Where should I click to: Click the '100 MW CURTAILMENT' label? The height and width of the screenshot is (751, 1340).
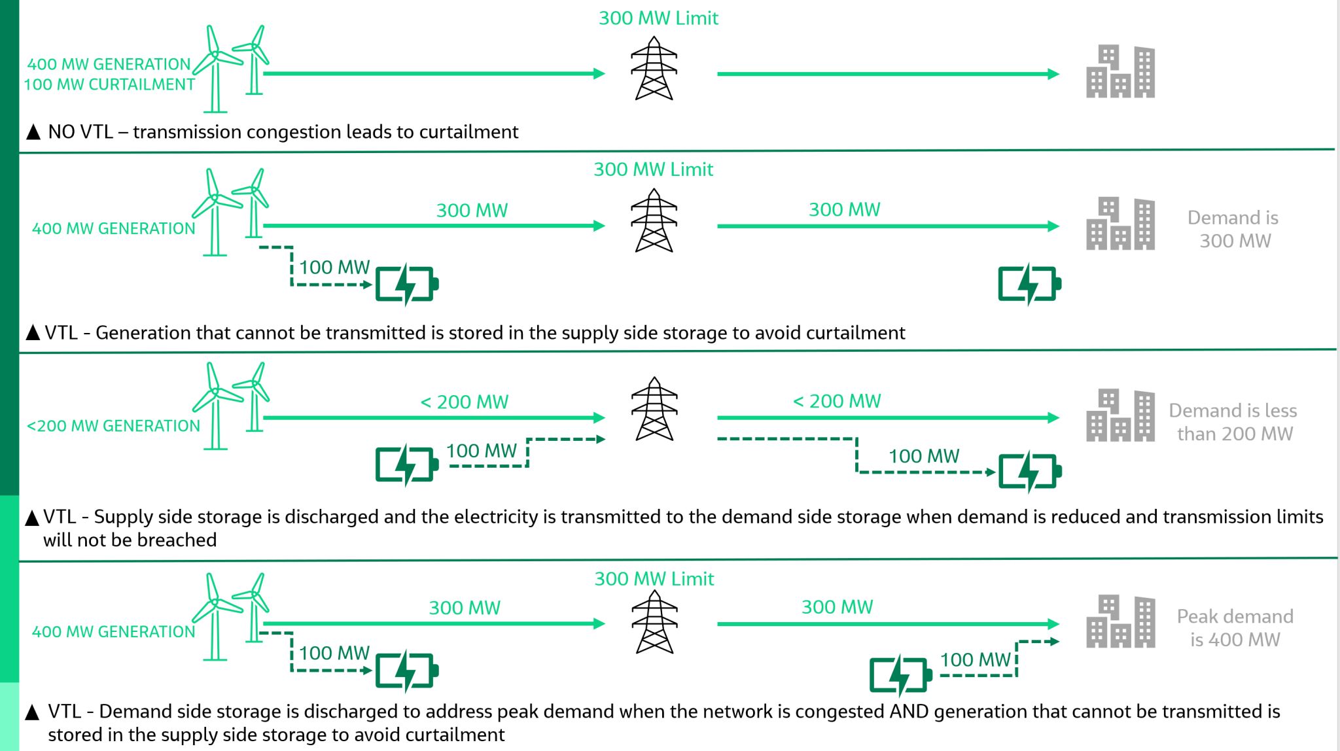(x=109, y=84)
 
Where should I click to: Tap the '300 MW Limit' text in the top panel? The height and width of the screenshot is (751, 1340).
(x=658, y=18)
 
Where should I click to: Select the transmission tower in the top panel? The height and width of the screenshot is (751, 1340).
(x=654, y=68)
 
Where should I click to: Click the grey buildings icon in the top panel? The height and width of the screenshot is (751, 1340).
(x=1120, y=72)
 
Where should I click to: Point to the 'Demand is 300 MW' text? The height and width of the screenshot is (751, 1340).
(x=1233, y=229)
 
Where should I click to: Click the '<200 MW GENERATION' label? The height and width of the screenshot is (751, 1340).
(x=113, y=426)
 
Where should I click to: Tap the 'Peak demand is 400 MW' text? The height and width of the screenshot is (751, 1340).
(x=1235, y=627)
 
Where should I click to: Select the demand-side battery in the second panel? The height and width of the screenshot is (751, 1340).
(x=1029, y=285)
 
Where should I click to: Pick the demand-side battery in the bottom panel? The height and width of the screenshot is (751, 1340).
(x=900, y=676)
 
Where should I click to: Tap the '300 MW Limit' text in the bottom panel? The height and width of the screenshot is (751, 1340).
(x=654, y=579)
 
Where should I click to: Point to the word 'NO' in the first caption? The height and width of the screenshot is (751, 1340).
(x=62, y=132)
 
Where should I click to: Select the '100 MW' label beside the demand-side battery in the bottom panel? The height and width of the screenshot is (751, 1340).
(x=976, y=659)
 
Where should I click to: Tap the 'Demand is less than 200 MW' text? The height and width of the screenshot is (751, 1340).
(x=1233, y=422)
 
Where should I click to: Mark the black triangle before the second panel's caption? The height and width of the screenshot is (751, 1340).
(x=33, y=333)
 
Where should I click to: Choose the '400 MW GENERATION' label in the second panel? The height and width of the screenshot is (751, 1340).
(x=113, y=228)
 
